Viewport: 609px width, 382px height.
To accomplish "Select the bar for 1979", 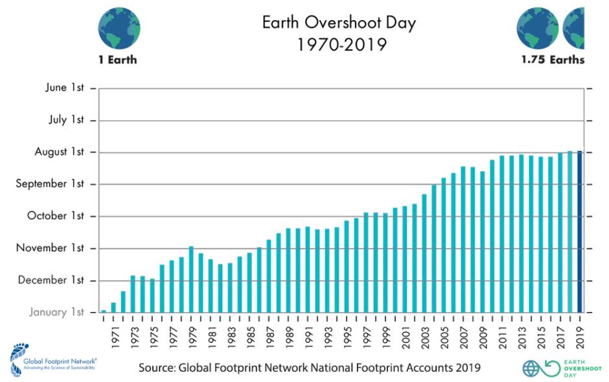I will tap(191, 279).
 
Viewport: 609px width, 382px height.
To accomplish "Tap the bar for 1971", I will tap(113, 307).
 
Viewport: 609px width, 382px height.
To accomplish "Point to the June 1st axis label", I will tap(65, 88).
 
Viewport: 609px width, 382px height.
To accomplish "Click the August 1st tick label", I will tap(60, 152).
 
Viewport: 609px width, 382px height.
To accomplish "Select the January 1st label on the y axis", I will tap(57, 312).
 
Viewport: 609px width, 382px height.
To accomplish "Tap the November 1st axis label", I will tap(51, 248).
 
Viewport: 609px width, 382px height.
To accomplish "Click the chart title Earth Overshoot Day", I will tap(338, 23).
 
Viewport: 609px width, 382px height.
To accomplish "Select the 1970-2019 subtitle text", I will tap(338, 46).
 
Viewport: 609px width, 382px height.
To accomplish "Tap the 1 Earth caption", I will tap(118, 60).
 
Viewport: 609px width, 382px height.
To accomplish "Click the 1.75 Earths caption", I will tap(553, 60).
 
